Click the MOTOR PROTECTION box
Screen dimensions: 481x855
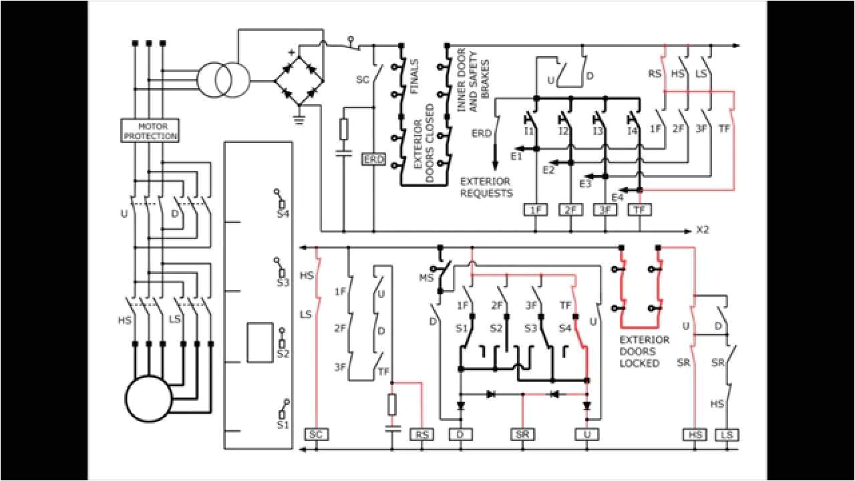click(149, 130)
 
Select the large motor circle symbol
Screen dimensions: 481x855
click(148, 398)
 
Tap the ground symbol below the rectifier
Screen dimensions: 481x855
click(299, 121)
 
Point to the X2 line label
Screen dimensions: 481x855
click(703, 230)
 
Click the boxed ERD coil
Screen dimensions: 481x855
click(373, 160)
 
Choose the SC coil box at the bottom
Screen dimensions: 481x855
click(317, 434)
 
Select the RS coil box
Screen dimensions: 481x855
click(422, 434)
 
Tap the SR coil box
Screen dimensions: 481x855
click(522, 434)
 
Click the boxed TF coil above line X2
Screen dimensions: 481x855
click(640, 210)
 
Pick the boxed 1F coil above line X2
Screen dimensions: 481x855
click(536, 210)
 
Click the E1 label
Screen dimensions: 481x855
click(516, 156)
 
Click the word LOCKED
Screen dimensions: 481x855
click(639, 363)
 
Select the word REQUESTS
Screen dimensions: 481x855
click(486, 194)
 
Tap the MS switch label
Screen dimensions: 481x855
click(425, 277)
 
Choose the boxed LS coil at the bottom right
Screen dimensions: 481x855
click(727, 434)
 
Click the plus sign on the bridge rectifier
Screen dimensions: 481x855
click(291, 52)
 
